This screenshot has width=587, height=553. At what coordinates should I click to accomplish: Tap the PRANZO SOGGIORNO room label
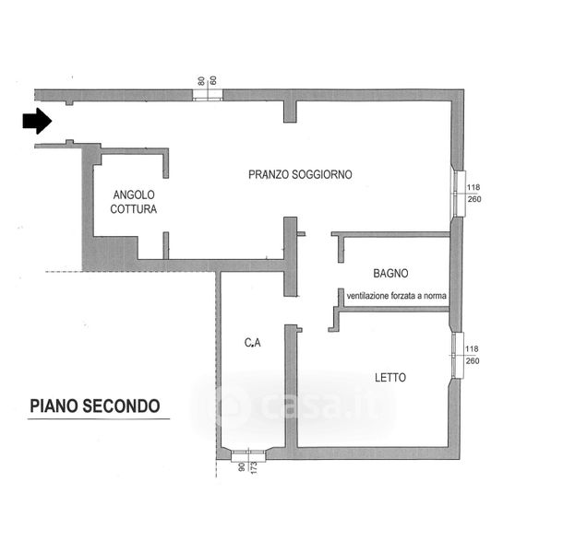coord(300,174)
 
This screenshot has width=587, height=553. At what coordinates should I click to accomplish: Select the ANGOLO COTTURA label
coord(135,202)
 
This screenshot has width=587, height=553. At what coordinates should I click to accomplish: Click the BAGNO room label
coord(391,274)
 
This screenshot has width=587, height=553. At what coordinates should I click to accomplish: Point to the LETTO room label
coord(390,378)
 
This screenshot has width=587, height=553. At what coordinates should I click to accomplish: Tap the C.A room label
coord(253,344)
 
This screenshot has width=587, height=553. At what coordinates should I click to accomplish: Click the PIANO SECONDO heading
coord(95,406)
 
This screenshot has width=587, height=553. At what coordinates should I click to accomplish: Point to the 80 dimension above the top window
coord(200,80)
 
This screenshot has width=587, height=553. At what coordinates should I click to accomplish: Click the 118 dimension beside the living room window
coord(473,187)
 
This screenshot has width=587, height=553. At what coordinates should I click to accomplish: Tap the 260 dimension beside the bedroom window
coord(473,360)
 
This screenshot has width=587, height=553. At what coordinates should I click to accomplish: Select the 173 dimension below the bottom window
coord(253,472)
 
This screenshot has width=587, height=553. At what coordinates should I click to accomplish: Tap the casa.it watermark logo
coord(295,403)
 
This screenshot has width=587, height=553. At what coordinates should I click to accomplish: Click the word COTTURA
coord(134,209)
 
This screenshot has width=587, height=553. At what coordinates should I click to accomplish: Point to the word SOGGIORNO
coord(323,174)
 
